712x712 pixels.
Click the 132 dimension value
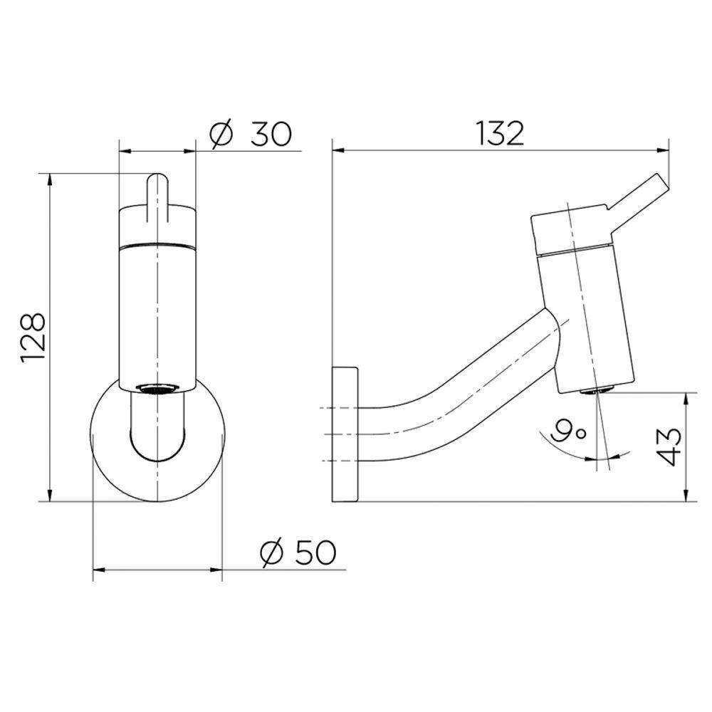tap(500, 133)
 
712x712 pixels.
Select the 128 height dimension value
tap(33, 337)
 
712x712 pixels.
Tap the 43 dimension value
tap(669, 446)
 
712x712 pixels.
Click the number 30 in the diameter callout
tap(271, 134)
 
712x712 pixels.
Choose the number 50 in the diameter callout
tap(315, 553)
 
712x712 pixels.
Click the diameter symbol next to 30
tap(221, 135)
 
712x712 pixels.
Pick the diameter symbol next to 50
tap(272, 553)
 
